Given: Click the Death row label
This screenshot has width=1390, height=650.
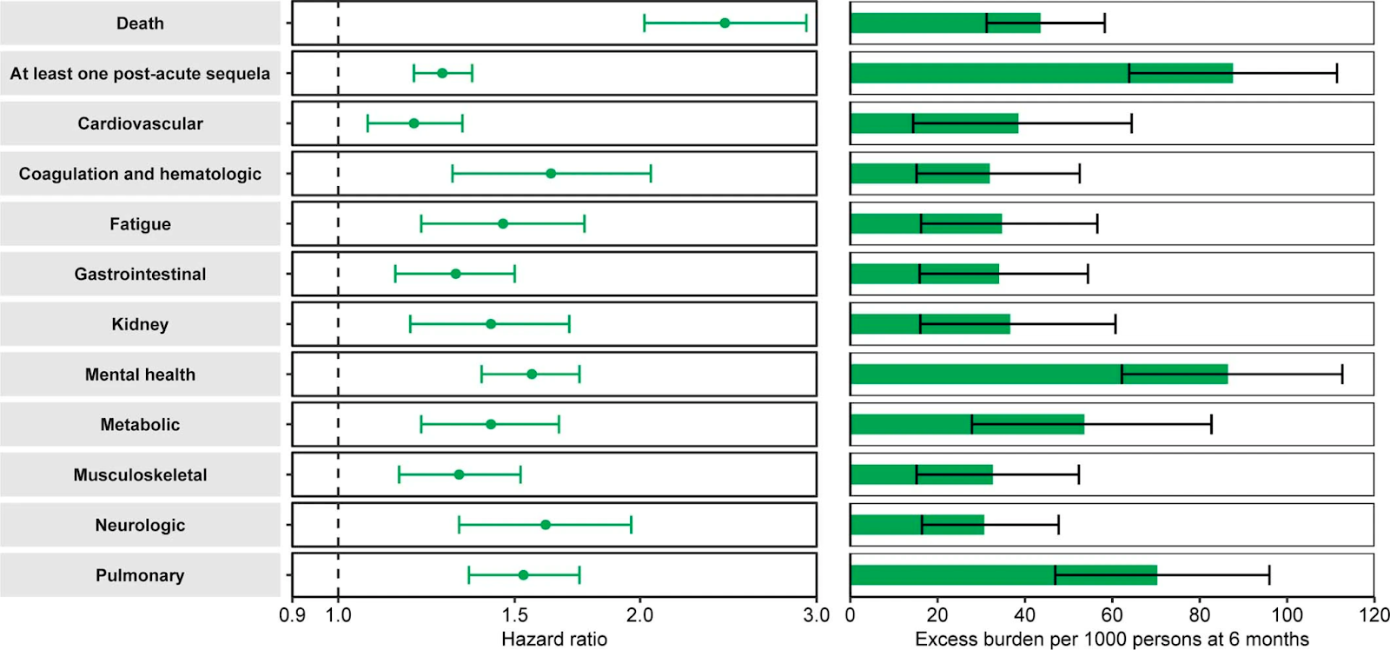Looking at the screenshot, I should pos(140,23).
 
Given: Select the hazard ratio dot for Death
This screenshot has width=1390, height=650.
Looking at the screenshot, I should pos(725,23).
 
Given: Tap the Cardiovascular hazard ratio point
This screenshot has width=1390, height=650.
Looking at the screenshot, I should pos(414,123).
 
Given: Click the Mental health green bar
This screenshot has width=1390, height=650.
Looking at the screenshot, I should pos(1038,375).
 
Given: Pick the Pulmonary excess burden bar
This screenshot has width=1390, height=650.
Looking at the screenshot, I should pos(1003,575).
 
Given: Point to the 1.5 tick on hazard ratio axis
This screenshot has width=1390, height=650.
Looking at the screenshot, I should pos(514,615).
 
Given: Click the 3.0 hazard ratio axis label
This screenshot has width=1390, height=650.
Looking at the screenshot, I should pos(816,615).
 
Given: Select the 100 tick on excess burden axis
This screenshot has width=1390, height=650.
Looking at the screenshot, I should pos(1287,615).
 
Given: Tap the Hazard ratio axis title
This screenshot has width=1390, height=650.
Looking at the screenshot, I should pos(554,640).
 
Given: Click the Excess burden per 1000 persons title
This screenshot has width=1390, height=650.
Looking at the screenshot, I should pos(1111,640).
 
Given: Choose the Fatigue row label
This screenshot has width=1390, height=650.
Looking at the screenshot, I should pos(140,224).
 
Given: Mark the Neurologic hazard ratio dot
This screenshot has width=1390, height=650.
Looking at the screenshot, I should pos(546,525).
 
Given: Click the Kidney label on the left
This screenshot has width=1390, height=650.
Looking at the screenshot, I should pos(140,324).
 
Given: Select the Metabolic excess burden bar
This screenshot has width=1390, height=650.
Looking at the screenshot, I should pos(967,425).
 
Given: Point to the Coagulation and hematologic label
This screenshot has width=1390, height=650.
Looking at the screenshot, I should pos(140,174).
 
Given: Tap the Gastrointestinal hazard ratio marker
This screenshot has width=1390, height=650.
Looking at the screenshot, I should pos(455,274).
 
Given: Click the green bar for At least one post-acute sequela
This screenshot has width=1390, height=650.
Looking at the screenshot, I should pos(1041,74).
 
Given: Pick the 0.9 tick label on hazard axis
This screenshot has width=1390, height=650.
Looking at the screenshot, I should pos(293,615).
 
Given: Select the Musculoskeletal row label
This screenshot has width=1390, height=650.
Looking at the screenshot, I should pos(140,475).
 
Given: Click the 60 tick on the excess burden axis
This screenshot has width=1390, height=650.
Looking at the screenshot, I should pos(1112,615).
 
